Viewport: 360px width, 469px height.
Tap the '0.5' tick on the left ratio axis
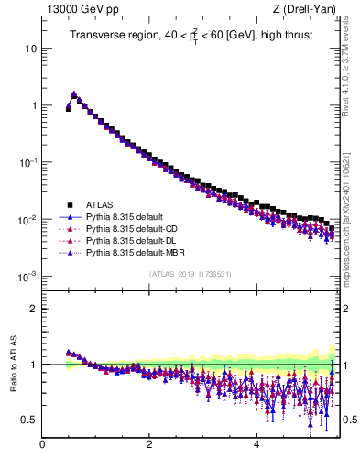[x=28, y=420]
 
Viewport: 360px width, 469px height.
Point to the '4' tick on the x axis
[x=256, y=446]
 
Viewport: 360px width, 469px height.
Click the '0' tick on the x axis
[x=42, y=446]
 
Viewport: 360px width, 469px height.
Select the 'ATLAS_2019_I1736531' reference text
[x=190, y=274]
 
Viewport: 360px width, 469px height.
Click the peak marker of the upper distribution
[x=74, y=93]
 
